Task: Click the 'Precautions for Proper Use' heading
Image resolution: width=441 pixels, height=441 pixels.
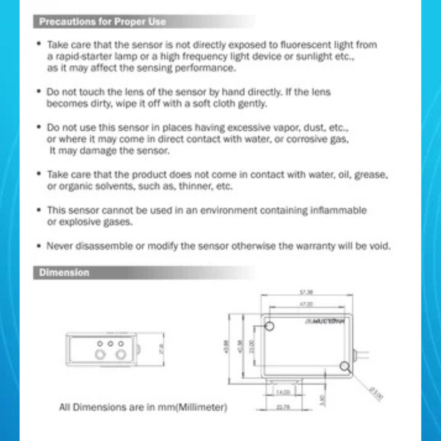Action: coord(102,22)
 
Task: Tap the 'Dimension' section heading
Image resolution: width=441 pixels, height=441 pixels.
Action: coord(64,273)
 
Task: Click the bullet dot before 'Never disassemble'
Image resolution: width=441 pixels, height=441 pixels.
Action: coord(38,246)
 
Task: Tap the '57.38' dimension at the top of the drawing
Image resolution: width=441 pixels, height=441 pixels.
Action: coord(306,292)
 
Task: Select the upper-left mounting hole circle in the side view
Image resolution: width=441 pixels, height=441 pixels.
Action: coord(269,326)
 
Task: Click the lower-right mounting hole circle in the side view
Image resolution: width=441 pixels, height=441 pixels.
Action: coord(344,366)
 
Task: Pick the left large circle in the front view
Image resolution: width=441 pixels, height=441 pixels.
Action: coord(100,354)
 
